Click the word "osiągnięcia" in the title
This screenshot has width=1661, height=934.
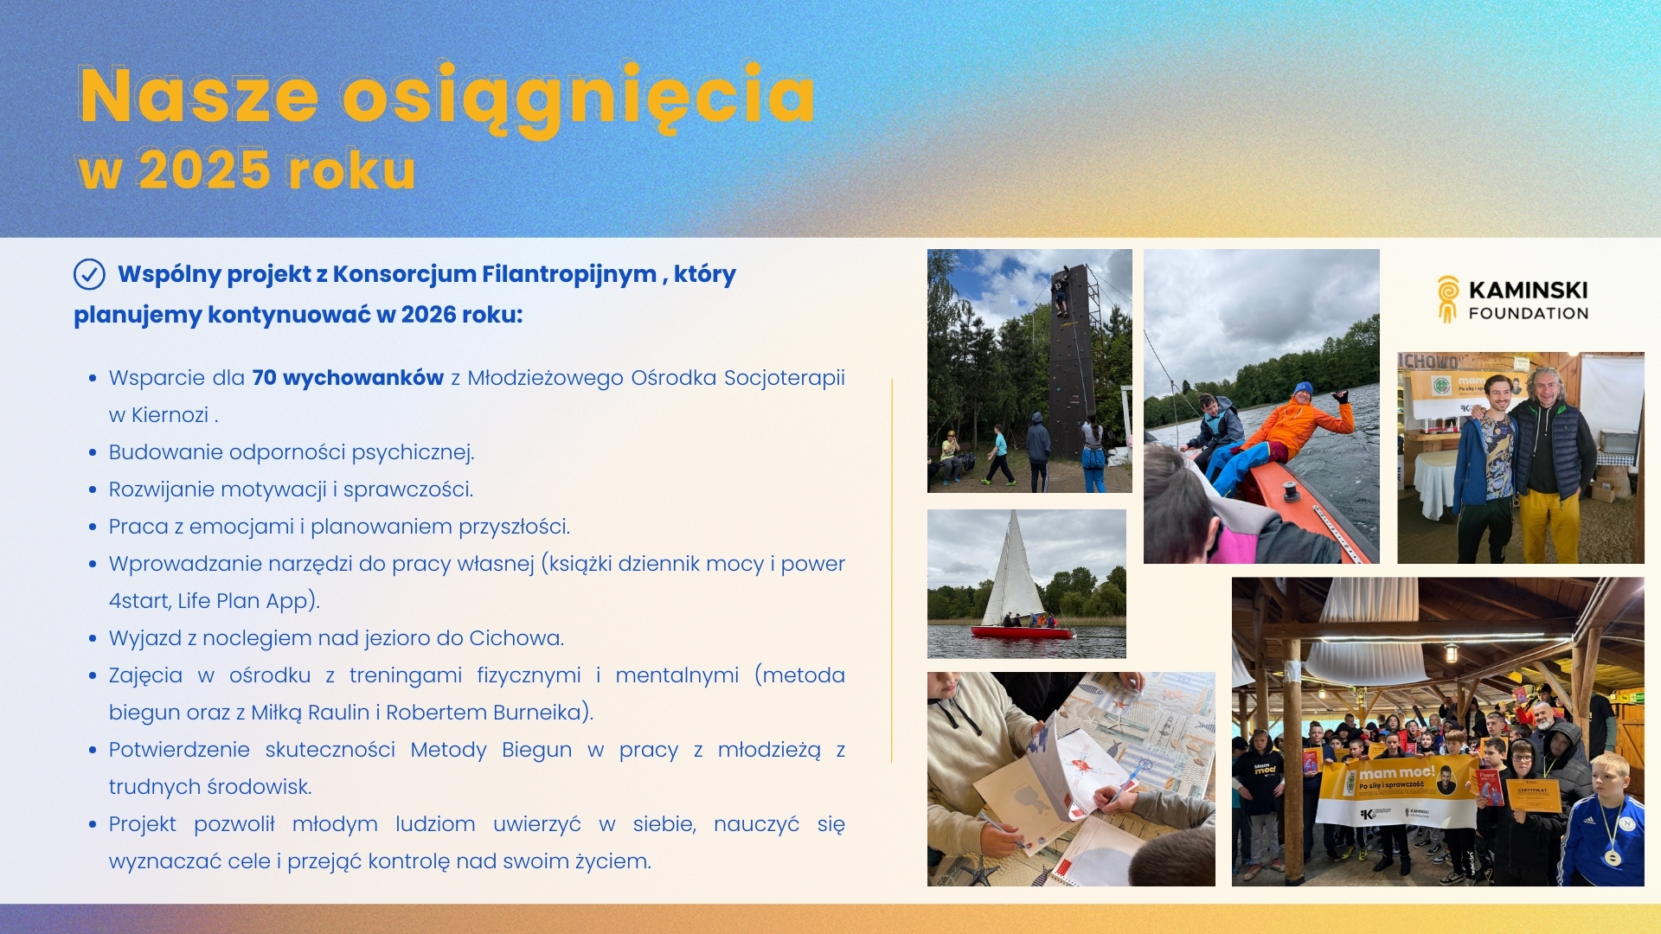pos(578,97)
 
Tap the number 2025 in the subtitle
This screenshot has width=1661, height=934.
pos(204,170)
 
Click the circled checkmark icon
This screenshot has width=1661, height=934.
pos(89,274)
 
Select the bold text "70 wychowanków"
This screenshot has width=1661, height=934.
pos(348,378)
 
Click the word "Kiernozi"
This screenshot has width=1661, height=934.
pos(170,415)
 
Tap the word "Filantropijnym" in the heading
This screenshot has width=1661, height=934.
pos(568,274)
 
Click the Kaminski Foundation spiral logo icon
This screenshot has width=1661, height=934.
pos(1447,299)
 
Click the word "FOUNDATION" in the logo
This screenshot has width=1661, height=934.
pos(1528,314)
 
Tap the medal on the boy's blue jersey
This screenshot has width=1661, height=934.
pos(1611,857)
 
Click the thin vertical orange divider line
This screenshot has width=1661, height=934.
pos(891,571)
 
